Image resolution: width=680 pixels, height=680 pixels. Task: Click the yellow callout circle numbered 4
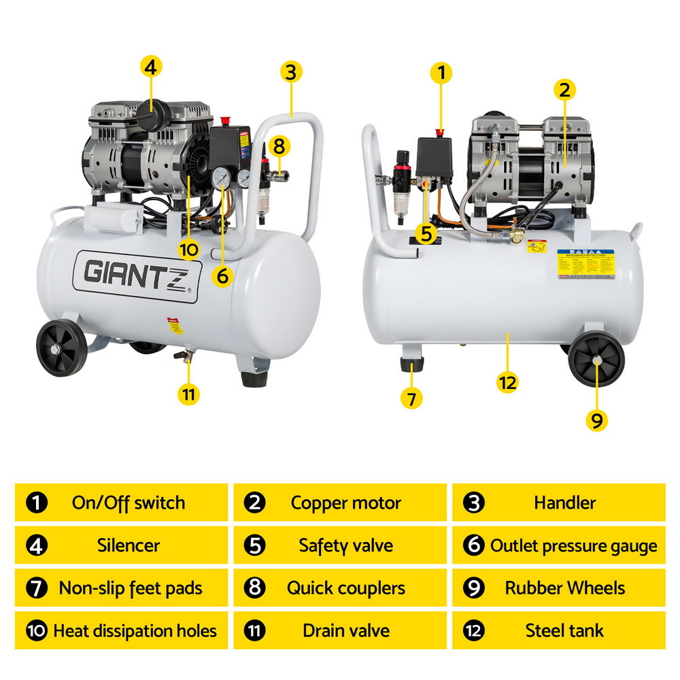(x=150, y=67)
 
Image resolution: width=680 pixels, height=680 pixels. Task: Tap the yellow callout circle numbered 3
(x=290, y=72)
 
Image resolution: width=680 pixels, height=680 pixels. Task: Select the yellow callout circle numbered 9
(x=596, y=420)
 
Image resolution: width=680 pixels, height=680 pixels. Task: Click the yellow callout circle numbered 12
(x=507, y=382)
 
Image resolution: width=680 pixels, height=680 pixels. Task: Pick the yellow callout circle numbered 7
(x=411, y=398)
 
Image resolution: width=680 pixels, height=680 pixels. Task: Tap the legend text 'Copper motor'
(x=345, y=503)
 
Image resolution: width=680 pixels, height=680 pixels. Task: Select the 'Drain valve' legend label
(x=345, y=630)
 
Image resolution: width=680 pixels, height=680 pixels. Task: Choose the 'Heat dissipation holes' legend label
(x=135, y=630)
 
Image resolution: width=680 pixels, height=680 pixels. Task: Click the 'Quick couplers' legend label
(x=345, y=588)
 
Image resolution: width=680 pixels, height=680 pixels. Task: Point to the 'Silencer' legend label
(x=129, y=545)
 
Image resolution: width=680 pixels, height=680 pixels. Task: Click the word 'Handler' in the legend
(x=564, y=503)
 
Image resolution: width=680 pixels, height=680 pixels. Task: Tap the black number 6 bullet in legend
(x=473, y=546)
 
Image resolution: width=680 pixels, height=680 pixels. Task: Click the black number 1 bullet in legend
(x=36, y=504)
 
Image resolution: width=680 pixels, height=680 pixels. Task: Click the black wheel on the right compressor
(x=596, y=362)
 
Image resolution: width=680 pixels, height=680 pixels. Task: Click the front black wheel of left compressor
(x=62, y=349)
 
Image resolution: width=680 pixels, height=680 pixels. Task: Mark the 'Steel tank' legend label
(x=564, y=630)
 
